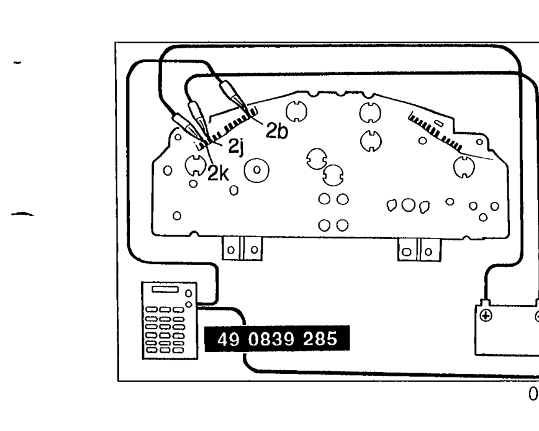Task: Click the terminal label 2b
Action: [277, 131]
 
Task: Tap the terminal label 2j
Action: [237, 146]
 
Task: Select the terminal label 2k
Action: [218, 173]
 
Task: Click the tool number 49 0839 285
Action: [277, 339]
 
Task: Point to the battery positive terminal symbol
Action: [486, 315]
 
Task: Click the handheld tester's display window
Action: [165, 289]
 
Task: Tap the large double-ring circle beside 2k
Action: [256, 170]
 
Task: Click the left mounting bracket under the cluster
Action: [242, 249]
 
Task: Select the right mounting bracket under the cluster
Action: [419, 250]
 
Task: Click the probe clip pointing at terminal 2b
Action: [233, 94]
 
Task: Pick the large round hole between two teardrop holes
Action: [409, 205]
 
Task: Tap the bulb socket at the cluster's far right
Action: [464, 167]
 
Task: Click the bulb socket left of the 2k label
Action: [195, 165]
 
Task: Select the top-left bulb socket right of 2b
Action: [296, 111]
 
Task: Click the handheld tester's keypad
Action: [165, 330]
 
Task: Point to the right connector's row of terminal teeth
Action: [435, 132]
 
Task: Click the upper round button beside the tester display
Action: [189, 293]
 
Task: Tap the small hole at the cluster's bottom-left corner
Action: [177, 215]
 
